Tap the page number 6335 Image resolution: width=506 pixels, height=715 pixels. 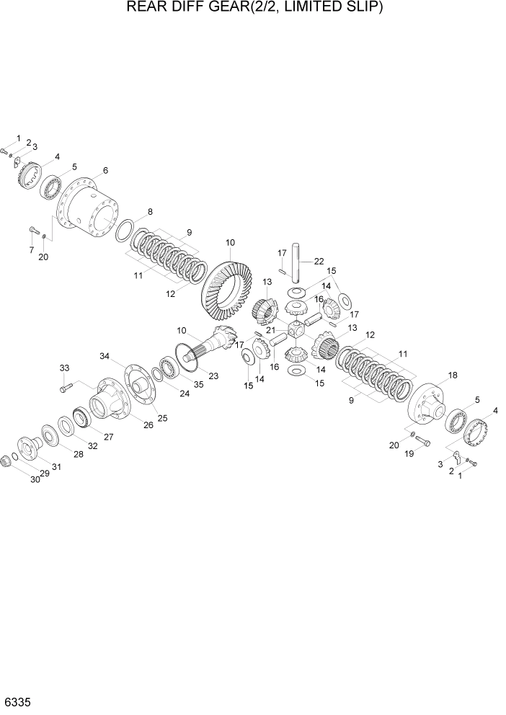[x=17, y=701]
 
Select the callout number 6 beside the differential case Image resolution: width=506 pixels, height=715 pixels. [x=105, y=171]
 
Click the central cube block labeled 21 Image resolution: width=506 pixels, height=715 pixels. [x=298, y=330]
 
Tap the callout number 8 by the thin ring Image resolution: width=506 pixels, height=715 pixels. [x=150, y=212]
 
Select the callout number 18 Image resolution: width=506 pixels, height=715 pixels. [x=453, y=376]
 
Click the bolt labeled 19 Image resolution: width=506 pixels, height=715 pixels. [x=422, y=441]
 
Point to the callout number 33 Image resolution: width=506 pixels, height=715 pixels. [x=63, y=369]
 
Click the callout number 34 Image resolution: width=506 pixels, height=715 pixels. [x=105, y=356]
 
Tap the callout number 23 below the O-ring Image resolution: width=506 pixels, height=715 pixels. [x=213, y=375]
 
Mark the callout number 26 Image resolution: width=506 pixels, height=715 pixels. [x=148, y=425]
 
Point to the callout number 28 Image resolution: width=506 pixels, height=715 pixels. [x=78, y=454]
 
